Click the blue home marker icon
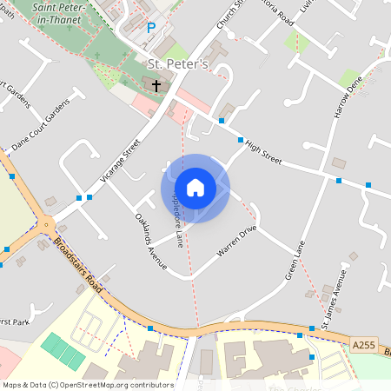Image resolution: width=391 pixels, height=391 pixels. (x=195, y=188)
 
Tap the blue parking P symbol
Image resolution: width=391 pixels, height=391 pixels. (x=150, y=28)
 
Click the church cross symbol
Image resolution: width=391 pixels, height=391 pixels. (x=156, y=85)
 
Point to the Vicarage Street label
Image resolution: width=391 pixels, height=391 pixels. (x=120, y=161)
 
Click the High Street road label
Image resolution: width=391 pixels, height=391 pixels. (x=264, y=152)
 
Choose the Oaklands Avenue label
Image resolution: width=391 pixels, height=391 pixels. (x=150, y=242)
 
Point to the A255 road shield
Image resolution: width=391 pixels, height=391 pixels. (x=364, y=346)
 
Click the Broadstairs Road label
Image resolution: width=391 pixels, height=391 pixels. (x=79, y=264)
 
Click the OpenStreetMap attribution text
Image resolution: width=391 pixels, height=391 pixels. (x=87, y=384)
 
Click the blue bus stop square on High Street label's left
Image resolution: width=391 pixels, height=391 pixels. (x=240, y=140)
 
